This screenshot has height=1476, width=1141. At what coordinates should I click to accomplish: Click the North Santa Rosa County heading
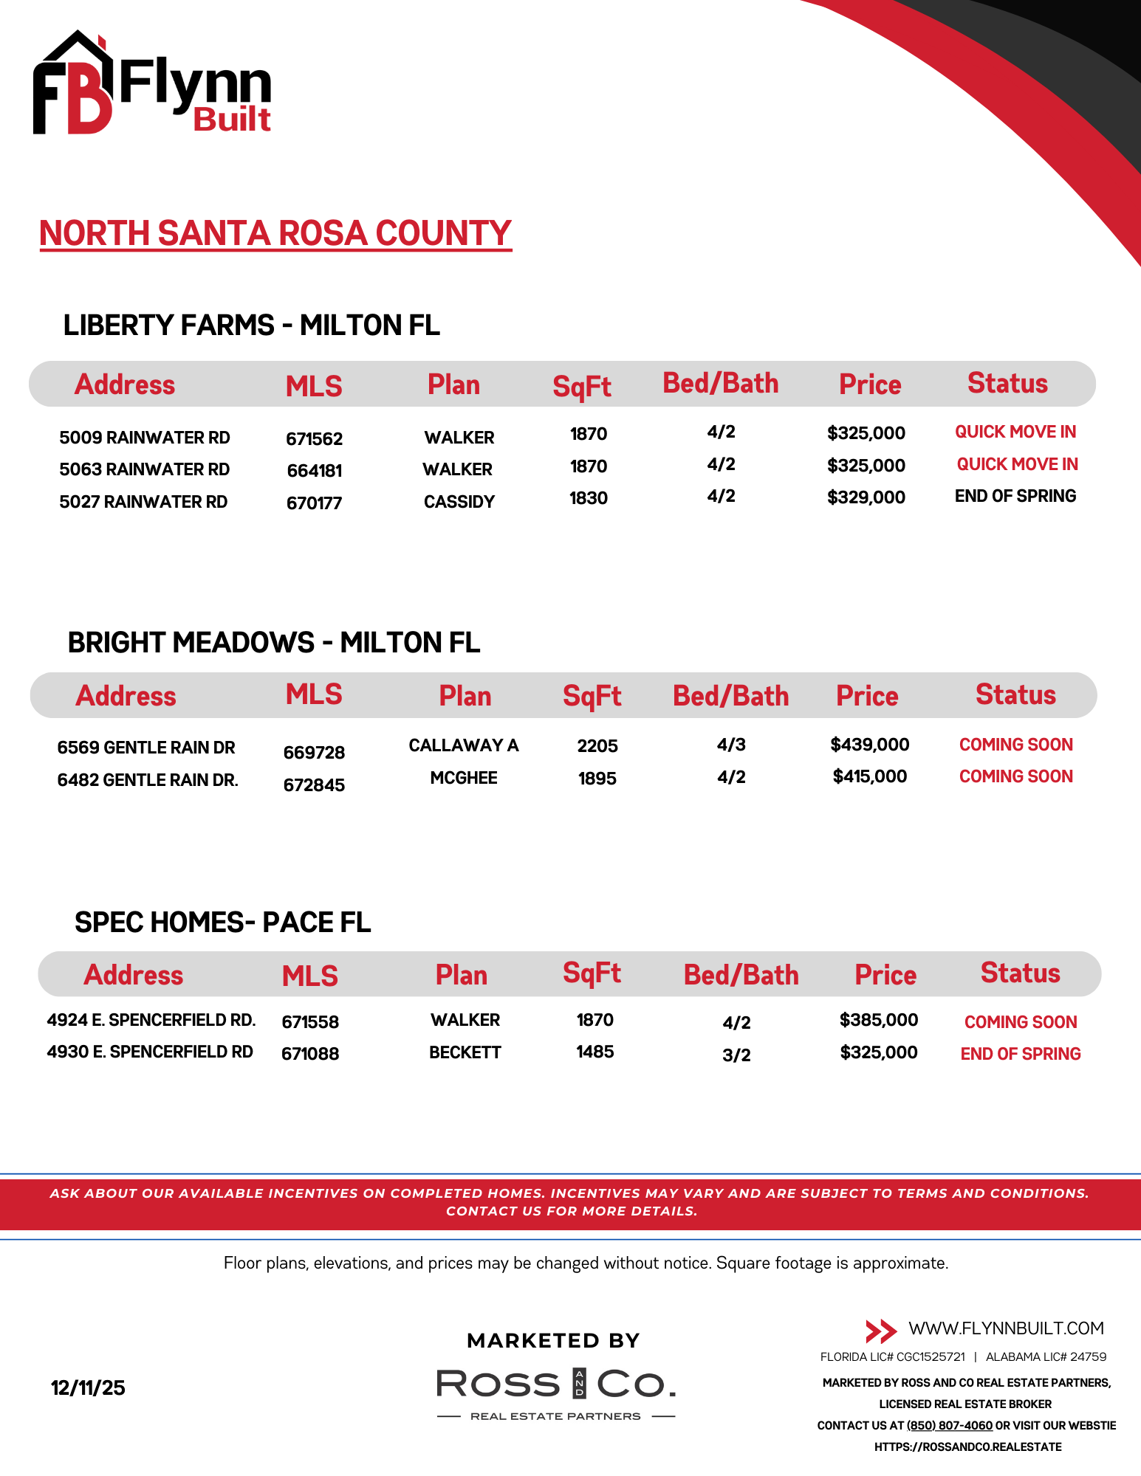(x=275, y=233)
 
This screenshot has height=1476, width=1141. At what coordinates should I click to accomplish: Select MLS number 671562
(x=314, y=439)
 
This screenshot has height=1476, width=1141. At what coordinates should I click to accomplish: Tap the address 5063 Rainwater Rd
(x=144, y=469)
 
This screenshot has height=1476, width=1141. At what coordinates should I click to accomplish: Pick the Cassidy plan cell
(x=459, y=502)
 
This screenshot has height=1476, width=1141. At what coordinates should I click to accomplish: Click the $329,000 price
(x=866, y=497)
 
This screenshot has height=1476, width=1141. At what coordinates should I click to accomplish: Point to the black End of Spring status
(x=1015, y=496)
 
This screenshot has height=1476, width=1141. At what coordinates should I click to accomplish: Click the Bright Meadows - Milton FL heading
(x=273, y=643)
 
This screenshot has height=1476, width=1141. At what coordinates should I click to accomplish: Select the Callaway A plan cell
(x=463, y=745)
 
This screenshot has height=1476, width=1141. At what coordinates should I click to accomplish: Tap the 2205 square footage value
(x=597, y=746)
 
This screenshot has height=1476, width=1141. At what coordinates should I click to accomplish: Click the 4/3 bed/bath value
(x=731, y=745)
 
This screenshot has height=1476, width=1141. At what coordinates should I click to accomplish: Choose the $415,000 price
(x=869, y=776)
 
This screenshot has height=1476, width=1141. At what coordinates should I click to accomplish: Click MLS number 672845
(x=314, y=785)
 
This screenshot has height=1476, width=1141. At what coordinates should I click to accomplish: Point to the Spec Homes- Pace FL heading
(x=222, y=922)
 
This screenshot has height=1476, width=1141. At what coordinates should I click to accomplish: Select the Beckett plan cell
(x=465, y=1052)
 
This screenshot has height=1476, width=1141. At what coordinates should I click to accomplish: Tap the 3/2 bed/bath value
(x=736, y=1055)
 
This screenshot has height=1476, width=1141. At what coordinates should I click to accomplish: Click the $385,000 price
(x=878, y=1020)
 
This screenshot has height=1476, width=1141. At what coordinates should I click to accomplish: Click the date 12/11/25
(x=88, y=1388)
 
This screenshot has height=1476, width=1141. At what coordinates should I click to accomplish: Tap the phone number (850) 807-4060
(x=949, y=1426)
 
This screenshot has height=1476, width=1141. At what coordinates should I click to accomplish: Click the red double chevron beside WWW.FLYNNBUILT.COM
(x=880, y=1331)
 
